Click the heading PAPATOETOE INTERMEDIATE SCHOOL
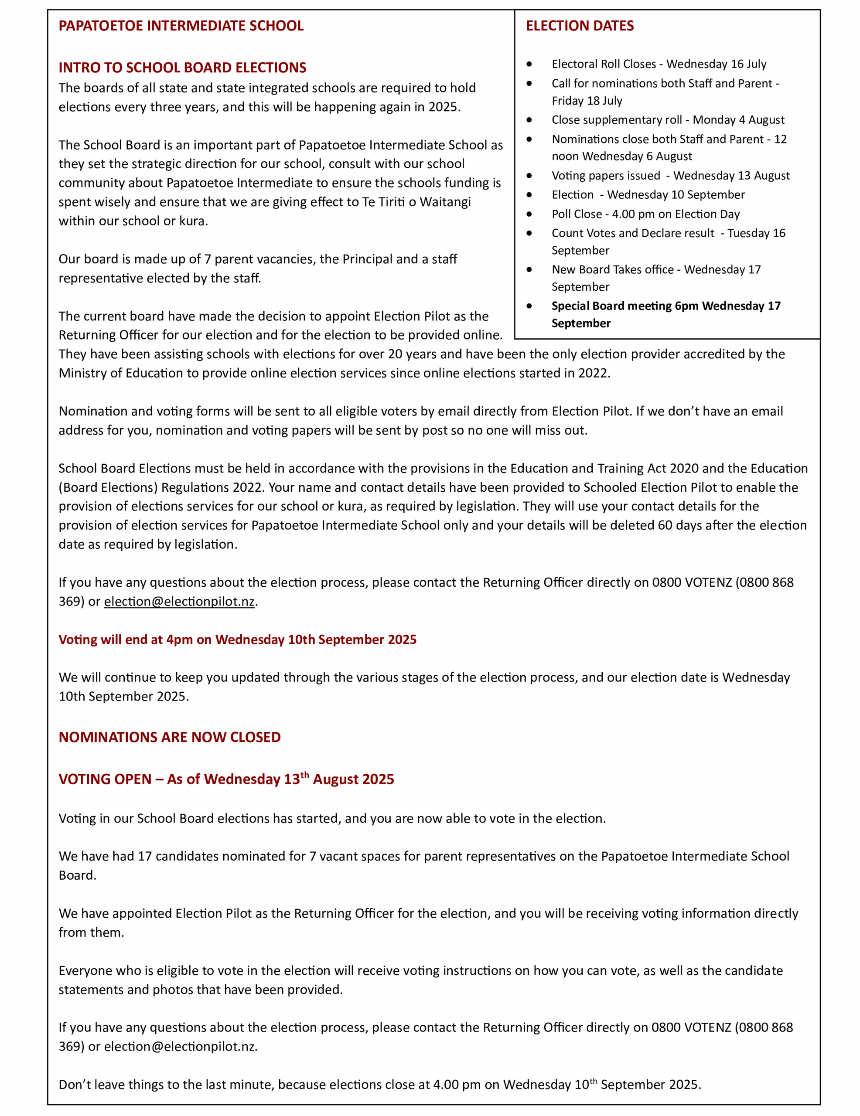(181, 26)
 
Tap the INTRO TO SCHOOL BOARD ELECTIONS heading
(182, 68)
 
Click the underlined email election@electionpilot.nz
(179, 602)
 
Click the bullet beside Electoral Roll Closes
(529, 64)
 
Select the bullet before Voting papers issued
(529, 175)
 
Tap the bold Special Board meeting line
(665, 306)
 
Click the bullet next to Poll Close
(529, 214)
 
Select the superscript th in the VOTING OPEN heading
(304, 775)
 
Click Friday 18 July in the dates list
(587, 101)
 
